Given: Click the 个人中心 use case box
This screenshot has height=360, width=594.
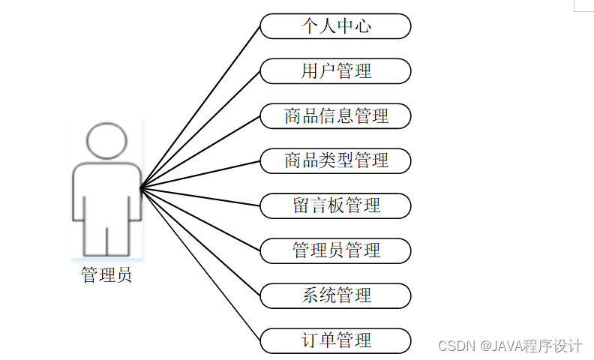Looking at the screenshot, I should (x=335, y=26).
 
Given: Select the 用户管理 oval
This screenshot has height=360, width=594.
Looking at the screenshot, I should (x=335, y=71).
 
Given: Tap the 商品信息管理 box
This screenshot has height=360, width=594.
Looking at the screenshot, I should (x=335, y=116).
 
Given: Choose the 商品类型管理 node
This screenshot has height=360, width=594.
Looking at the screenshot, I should (x=335, y=160).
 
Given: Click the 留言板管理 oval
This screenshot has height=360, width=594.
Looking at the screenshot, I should (x=335, y=205).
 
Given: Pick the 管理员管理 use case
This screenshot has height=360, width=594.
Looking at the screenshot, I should (x=335, y=250).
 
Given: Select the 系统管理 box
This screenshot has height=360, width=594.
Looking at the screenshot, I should (x=335, y=295).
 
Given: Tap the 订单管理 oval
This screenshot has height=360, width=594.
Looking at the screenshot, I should (x=335, y=340).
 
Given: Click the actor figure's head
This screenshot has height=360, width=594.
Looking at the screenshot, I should (x=106, y=140).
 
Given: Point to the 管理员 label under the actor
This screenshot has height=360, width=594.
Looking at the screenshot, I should (x=106, y=276).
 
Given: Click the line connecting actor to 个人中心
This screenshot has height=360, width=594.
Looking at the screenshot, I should (x=200, y=106).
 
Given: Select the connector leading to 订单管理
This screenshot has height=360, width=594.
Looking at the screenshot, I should (x=200, y=264).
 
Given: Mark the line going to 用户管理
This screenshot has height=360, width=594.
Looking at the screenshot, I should (x=200, y=129).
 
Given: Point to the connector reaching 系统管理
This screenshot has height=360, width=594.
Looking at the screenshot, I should (x=200, y=241).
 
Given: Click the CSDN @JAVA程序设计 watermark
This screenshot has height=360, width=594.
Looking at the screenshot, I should (x=510, y=346).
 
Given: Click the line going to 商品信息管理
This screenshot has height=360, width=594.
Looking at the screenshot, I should (x=200, y=151).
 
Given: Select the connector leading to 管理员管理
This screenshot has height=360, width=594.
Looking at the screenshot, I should (x=200, y=219).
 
